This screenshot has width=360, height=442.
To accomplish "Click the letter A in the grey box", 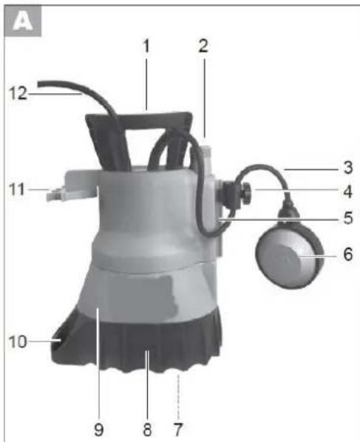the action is click(x=23, y=21).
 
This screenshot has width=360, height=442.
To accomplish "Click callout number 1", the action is click(x=146, y=46).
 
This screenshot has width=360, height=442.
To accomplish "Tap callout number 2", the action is click(x=203, y=46).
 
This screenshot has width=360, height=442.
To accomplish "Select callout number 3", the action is click(x=348, y=168).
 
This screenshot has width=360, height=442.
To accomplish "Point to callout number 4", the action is click(x=348, y=191).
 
